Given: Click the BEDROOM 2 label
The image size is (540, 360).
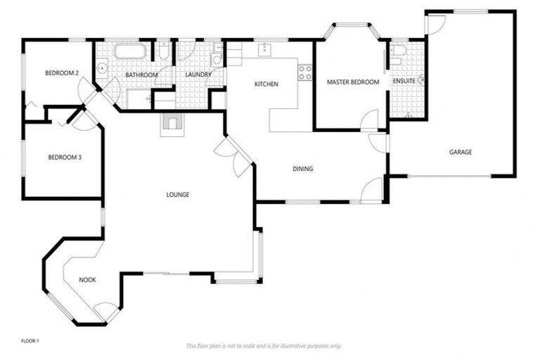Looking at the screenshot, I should pos(61,73).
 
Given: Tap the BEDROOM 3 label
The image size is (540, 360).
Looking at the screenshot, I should pos(65,157).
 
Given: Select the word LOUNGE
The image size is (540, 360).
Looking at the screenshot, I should pos(178,195).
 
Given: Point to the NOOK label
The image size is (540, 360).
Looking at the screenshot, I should pos(87,280).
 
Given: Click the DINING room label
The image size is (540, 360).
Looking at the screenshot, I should pos(303,169).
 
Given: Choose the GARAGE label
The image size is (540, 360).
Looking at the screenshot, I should pos(461,152).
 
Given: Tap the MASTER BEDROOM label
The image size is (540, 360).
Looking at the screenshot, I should pos(353,82).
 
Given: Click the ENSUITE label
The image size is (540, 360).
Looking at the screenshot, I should pos(404,82).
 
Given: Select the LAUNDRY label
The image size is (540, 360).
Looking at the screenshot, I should pos(198,75).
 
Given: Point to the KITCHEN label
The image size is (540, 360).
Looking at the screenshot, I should pos(266,84).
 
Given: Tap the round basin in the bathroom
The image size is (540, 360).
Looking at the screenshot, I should pos(102,69).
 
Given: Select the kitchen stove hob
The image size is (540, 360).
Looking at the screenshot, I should pos(304,71).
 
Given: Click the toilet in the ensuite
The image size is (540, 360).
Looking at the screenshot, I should pos(397,50).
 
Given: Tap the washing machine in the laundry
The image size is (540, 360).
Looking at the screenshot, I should pos(217,59).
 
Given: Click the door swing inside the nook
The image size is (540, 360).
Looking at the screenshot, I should pos(106,310).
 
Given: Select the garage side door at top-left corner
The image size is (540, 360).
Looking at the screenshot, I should pos(435,23).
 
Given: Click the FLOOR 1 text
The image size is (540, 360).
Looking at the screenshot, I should pos(30,341).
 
